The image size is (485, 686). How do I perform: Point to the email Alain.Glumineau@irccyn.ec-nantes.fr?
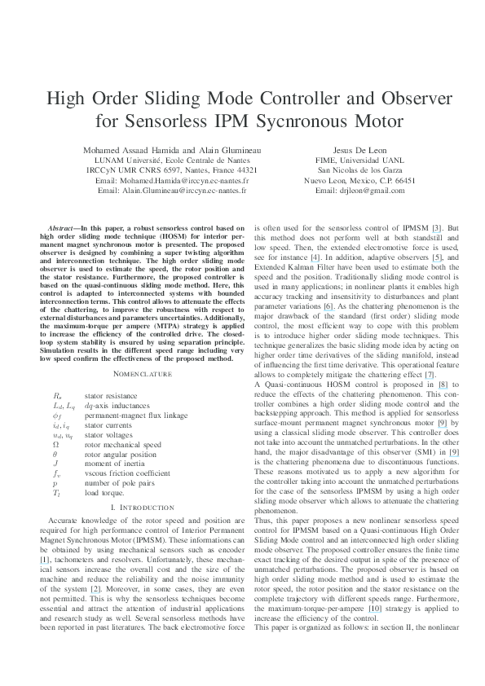170,190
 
